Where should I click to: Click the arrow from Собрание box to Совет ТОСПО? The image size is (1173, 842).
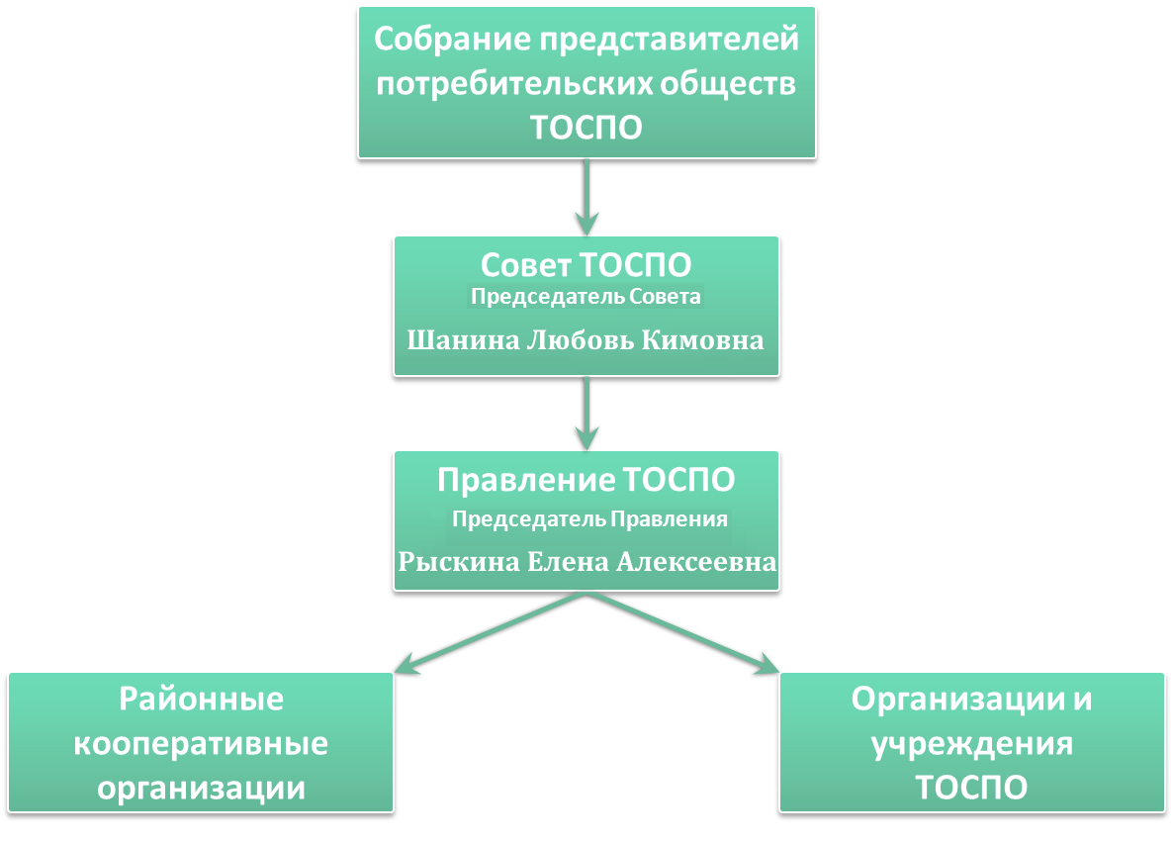[586, 198]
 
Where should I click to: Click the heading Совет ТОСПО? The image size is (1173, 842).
[586, 265]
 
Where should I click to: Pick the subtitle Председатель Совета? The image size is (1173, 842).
[586, 297]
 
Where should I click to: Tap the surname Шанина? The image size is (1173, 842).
[463, 340]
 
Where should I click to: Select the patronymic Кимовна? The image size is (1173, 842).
[702, 340]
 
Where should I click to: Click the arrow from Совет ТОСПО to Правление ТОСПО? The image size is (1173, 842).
[586, 414]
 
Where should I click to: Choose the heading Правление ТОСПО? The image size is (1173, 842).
[586, 481]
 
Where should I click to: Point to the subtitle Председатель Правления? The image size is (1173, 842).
[589, 519]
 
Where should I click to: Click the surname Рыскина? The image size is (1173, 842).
[459, 562]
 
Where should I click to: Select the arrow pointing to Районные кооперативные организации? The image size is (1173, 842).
[490, 633]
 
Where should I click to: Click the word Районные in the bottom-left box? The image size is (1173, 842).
[201, 700]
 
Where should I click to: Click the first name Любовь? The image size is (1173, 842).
[581, 340]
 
